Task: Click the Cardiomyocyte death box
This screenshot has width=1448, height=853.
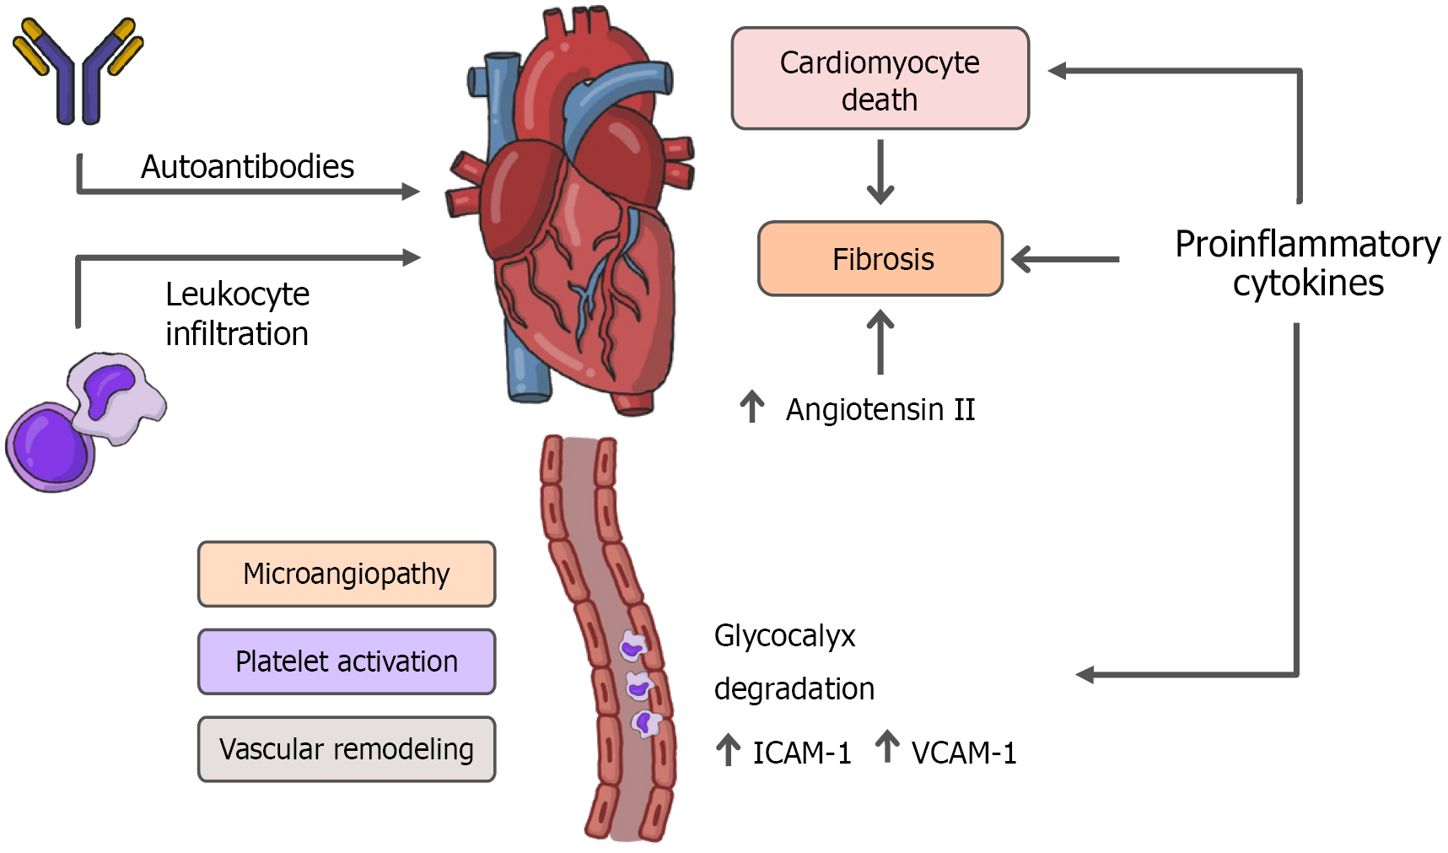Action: coord(880,78)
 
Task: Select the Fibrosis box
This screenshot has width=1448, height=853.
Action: coord(880,259)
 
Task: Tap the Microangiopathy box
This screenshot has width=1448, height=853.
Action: coord(347,574)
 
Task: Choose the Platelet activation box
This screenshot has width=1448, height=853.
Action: coord(347,661)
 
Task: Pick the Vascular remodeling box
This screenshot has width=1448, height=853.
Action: coord(347,749)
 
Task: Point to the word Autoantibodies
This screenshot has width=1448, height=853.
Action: coord(247,167)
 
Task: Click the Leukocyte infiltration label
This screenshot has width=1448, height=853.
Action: coord(237,313)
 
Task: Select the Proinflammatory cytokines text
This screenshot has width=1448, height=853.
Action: coord(1307,263)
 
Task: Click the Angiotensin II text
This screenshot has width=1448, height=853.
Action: coord(880,410)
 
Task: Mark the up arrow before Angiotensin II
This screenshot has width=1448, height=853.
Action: coord(751,407)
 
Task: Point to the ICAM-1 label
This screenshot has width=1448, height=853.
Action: coord(801,753)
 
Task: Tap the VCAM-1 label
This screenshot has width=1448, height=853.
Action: coord(963,753)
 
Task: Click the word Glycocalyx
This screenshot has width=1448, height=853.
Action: coord(784,635)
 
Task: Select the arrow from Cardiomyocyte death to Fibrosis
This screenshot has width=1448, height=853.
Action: coord(880,173)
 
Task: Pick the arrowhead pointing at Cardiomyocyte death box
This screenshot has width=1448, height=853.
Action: coord(1057,71)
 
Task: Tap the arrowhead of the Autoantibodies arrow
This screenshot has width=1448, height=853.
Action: coord(411,192)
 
